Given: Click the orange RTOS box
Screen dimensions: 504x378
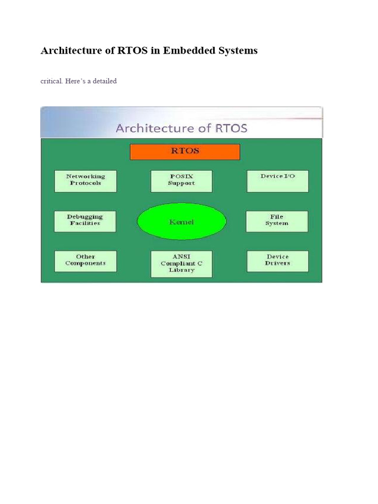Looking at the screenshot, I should click(185, 152).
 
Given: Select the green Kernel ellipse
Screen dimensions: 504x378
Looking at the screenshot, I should click(182, 222).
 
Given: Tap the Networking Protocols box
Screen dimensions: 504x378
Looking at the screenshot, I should click(85, 181).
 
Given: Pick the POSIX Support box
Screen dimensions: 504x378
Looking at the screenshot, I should click(181, 181).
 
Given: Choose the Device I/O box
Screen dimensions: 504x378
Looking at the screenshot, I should click(278, 181).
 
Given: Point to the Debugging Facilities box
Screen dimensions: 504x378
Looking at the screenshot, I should click(85, 221).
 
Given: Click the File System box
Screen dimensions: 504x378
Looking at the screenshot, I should click(277, 221).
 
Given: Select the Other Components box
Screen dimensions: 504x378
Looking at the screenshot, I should click(85, 261).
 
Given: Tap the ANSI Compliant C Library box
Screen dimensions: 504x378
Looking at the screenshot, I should click(181, 264).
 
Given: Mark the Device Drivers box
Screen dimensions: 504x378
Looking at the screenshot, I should click(278, 261).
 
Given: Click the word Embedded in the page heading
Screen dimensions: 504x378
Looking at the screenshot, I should click(188, 51).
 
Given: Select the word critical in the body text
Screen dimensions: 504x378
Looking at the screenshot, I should click(51, 81).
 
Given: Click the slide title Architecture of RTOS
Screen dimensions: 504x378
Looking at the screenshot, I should click(181, 129).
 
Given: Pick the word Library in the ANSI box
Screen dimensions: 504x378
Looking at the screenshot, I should click(181, 270).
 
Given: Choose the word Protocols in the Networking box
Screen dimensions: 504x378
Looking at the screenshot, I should click(85, 183).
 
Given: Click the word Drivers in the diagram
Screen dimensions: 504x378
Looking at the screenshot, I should click(278, 263).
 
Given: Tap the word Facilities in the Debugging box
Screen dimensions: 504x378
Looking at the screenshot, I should click(85, 223).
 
